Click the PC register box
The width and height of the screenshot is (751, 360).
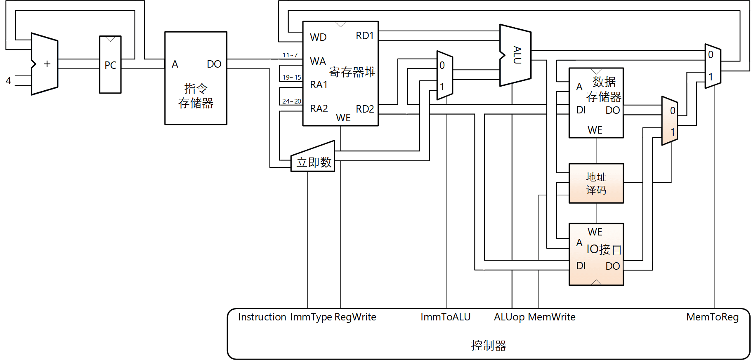pos(110,65)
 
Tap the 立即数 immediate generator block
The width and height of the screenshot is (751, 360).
pos(314,162)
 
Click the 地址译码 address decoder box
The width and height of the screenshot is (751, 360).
pos(596,184)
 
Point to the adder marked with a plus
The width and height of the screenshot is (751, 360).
pos(45,64)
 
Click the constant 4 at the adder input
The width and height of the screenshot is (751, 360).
pos(8,80)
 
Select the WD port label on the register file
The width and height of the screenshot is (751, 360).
pos(318,38)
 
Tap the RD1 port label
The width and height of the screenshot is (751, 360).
pos(365,36)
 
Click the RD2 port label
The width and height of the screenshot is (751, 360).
pos(365,109)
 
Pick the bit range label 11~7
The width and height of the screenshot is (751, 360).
pos(290,55)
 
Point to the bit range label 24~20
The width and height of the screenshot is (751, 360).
pos(291,101)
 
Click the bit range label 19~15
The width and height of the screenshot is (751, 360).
pos(291,78)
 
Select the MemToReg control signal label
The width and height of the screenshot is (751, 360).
pos(712,317)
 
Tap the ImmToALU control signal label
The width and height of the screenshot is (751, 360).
pos(445,317)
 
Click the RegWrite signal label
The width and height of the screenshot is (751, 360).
pos(355,317)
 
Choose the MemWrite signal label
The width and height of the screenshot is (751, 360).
pos(552,317)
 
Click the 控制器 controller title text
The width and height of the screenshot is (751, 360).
pos(489,345)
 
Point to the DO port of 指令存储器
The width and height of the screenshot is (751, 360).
pos(214,64)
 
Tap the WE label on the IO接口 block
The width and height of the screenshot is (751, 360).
pos(595,232)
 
